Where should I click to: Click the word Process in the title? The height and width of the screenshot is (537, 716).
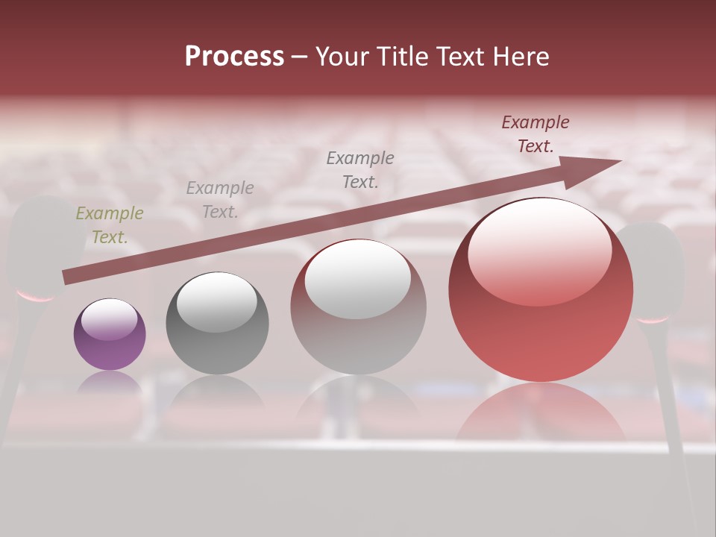[x=234, y=57]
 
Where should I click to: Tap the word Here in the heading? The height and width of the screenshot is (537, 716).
[x=520, y=57]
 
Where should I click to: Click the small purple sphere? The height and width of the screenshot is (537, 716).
[x=110, y=335]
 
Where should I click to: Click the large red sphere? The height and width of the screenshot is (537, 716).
[x=541, y=291]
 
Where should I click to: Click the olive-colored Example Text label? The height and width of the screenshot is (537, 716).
[x=109, y=225]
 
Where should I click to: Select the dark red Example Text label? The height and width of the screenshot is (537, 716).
[x=536, y=134]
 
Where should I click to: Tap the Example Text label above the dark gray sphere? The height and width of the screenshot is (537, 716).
[x=220, y=200]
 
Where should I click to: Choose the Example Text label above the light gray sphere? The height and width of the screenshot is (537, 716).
[x=360, y=170]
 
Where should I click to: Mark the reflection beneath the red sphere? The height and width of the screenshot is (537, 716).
[x=541, y=414]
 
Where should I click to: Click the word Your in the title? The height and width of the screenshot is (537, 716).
[x=340, y=57]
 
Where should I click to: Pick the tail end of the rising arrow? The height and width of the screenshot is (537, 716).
[x=67, y=277]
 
